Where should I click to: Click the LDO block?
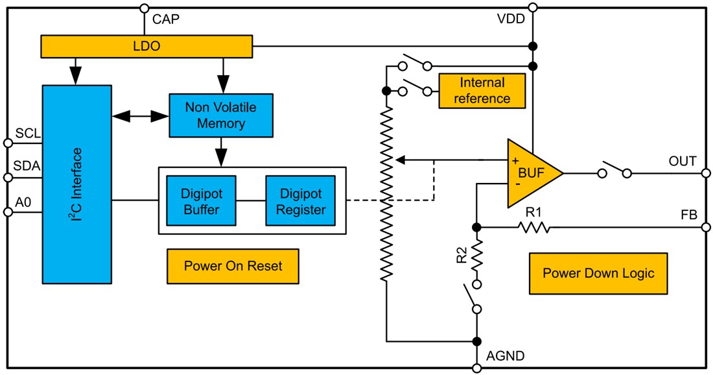(x=146, y=46)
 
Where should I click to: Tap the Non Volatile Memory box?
(x=221, y=115)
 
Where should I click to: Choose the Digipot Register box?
(x=300, y=200)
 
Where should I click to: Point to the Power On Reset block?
(x=233, y=266)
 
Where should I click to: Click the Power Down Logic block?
(x=598, y=273)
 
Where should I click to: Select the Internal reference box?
(x=482, y=91)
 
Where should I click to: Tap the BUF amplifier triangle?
(x=531, y=173)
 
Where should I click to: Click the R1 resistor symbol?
(x=533, y=227)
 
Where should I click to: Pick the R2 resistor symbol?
(x=476, y=255)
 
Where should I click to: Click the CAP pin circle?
(x=143, y=8)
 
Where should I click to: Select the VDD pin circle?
(x=533, y=8)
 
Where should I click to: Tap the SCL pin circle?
(x=8, y=142)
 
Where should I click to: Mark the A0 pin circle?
(x=8, y=212)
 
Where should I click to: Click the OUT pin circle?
(x=705, y=173)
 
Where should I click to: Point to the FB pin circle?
(x=705, y=227)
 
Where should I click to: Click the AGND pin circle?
(x=476, y=368)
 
